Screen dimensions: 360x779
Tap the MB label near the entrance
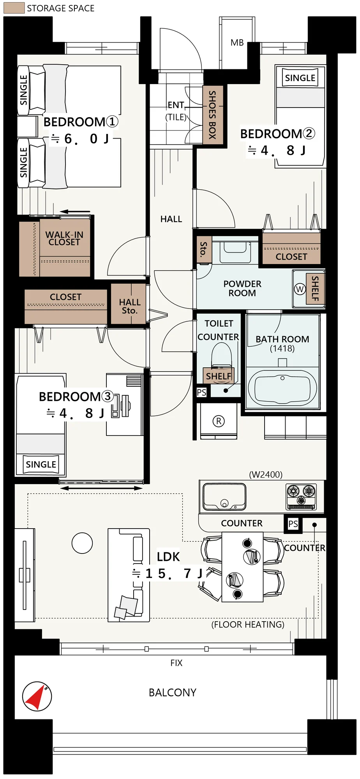(237, 43)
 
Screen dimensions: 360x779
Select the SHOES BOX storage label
(212, 115)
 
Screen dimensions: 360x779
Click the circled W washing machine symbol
(300, 289)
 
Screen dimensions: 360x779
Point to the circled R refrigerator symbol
(219, 421)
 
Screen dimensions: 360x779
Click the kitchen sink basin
(224, 496)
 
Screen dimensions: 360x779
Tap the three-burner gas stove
(301, 496)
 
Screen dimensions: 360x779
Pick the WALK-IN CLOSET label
(64, 238)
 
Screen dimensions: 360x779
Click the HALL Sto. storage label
(130, 307)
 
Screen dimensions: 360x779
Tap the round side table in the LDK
(82, 543)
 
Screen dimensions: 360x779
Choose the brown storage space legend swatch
(14, 8)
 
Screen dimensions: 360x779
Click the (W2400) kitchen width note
(266, 474)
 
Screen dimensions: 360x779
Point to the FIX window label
(176, 663)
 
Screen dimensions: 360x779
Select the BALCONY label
(173, 693)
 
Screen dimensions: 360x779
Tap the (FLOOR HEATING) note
(248, 625)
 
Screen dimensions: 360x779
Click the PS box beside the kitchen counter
(293, 524)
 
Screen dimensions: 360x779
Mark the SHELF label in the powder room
(315, 288)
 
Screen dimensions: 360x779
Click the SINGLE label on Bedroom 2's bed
(300, 78)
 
